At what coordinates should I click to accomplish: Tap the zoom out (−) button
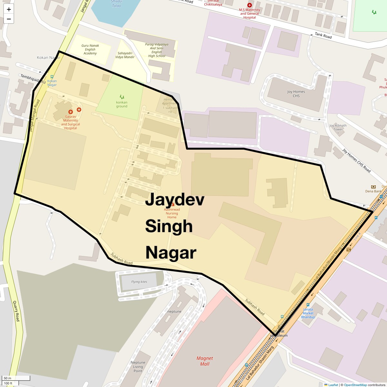coord(9,19)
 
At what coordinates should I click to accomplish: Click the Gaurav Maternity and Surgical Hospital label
coord(71,122)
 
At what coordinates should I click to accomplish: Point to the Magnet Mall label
coord(205,361)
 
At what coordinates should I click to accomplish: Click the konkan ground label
coord(122,104)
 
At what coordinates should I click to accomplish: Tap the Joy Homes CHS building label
coord(296,94)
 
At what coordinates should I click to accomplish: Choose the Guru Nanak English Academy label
coord(90,49)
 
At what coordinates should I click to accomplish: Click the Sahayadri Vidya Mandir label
coord(125,55)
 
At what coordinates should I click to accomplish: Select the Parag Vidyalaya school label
coord(157,50)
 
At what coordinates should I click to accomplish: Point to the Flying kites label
coord(139,282)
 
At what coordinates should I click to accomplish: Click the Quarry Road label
coord(16,311)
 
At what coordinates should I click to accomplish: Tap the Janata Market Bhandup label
coord(308,313)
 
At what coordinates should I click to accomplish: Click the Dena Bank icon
coord(373,187)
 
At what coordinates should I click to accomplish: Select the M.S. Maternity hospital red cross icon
coord(249,5)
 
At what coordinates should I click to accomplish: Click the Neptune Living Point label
coord(138,367)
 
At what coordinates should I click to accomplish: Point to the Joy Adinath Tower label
coord(338,127)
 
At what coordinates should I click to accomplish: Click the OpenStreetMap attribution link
coord(355,385)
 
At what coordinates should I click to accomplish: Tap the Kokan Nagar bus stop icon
coord(52,77)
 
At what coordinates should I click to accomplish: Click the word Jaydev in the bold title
coord(174,200)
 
